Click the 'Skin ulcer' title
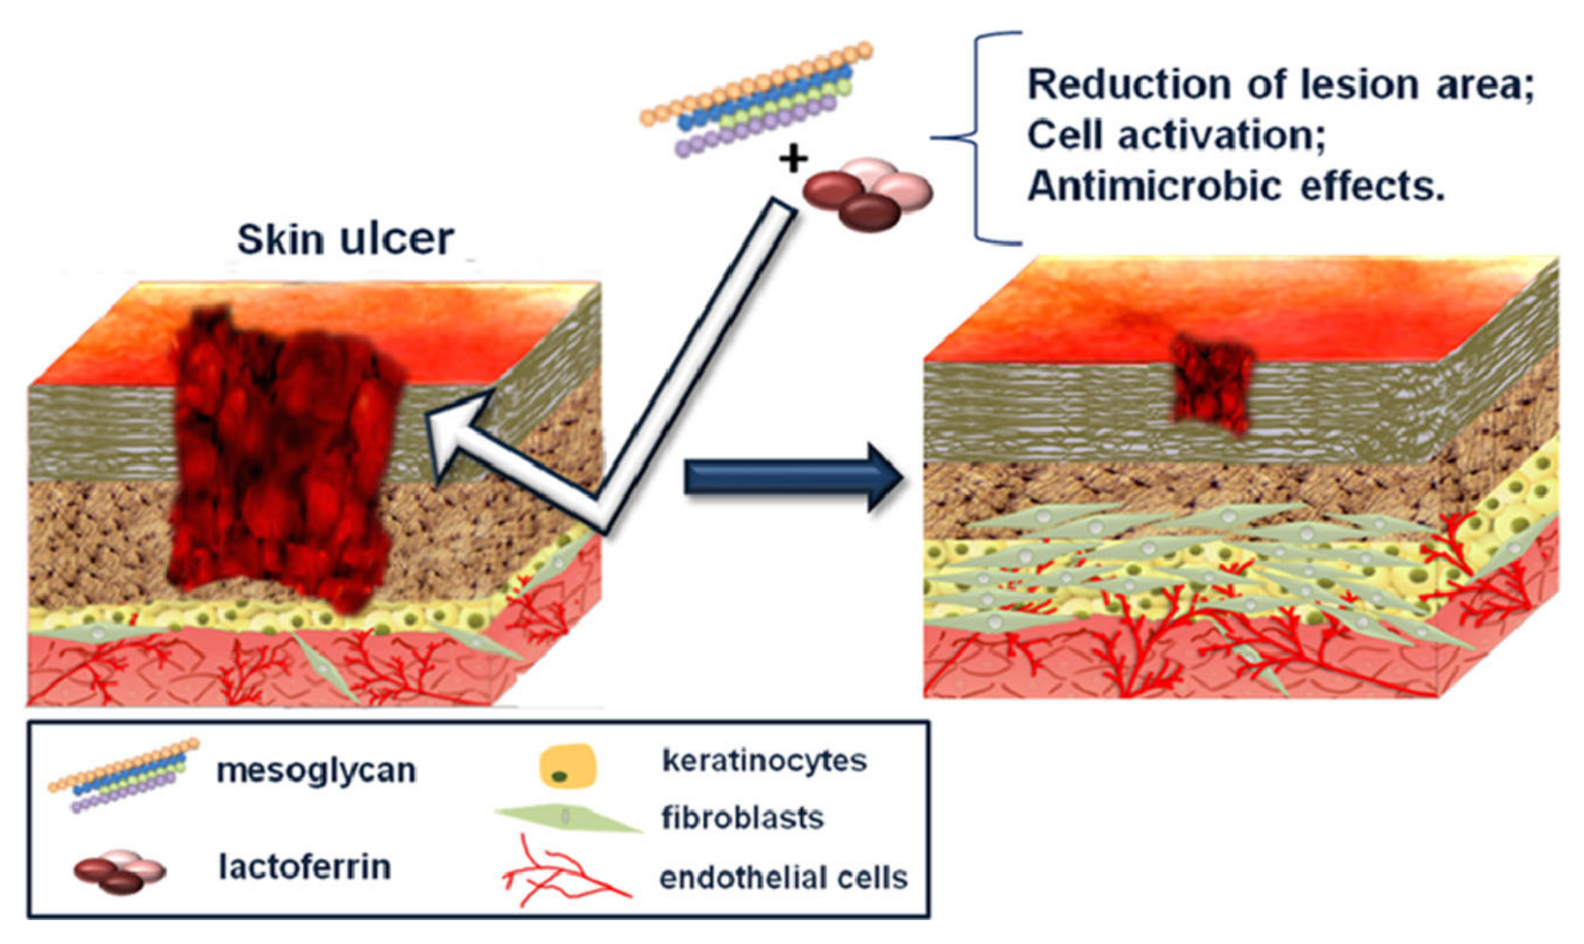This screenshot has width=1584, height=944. (345, 239)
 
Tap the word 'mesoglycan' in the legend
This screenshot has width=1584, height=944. (316, 771)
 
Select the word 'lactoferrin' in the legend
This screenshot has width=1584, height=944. (304, 867)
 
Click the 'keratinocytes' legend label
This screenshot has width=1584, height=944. (764, 761)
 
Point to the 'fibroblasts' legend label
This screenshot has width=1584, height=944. (742, 818)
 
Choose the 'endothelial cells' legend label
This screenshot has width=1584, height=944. (783, 878)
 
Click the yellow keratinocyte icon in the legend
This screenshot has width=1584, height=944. (568, 766)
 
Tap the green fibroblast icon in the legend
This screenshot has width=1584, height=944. (567, 818)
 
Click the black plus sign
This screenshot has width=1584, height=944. (793, 158)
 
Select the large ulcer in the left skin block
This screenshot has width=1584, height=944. (283, 454)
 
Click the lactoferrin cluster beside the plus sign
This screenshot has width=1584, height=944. (867, 193)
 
